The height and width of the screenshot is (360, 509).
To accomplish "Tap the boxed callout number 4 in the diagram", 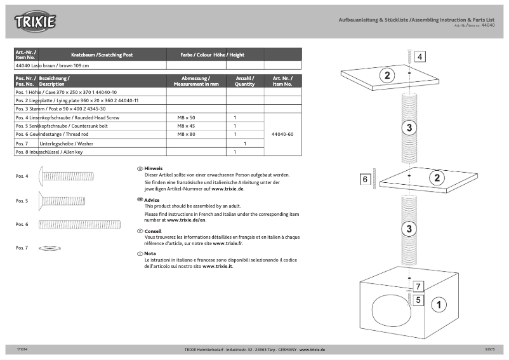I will pos(420,57).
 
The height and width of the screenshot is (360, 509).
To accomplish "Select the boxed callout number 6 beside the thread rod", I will pos(366,180).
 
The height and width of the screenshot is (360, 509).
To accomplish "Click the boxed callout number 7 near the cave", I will pos(418,286).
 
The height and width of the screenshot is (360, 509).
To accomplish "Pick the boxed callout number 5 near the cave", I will pos(418,298).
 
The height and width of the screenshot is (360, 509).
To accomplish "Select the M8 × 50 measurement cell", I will pos(187,118).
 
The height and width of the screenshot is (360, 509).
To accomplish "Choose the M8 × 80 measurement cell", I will pos(187,135).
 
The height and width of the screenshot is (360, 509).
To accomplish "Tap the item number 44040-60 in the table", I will pos(282,135).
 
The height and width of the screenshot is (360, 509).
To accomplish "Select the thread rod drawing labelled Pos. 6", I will pos(70,224).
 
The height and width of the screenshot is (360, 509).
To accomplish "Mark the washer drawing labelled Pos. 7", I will pos(50,248).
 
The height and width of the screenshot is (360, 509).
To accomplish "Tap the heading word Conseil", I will pos(153,231).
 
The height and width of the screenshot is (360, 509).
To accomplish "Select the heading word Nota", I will pos(150,253).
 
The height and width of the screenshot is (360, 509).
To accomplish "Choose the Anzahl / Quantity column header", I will pos(245,81).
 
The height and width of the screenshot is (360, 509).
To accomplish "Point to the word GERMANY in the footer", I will pos(284,350).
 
